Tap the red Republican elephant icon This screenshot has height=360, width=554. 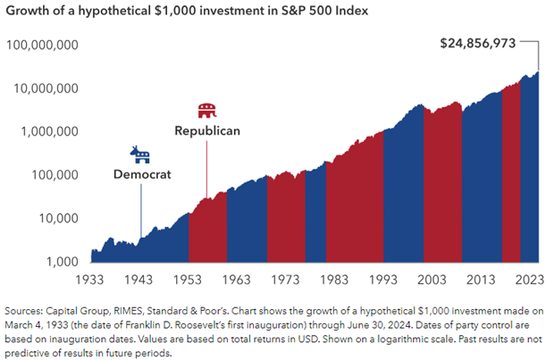(206, 112)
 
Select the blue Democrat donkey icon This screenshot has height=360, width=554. (140, 155)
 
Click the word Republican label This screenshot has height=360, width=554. (206, 131)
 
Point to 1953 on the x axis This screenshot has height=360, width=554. (189, 279)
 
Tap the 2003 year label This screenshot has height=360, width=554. (423, 279)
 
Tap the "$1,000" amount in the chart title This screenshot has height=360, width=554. (149, 12)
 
